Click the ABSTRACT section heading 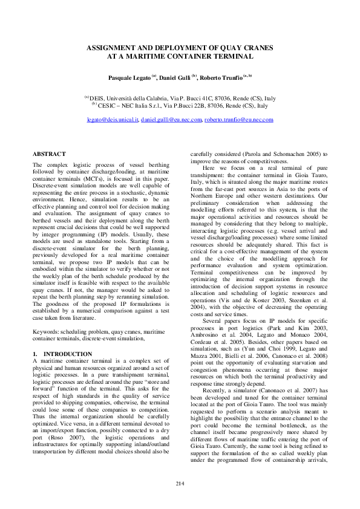(49, 155)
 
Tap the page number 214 (180, 483)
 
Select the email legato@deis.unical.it (113, 120)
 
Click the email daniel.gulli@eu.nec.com (171, 120)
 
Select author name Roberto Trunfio (221, 78)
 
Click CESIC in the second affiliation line (111, 105)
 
